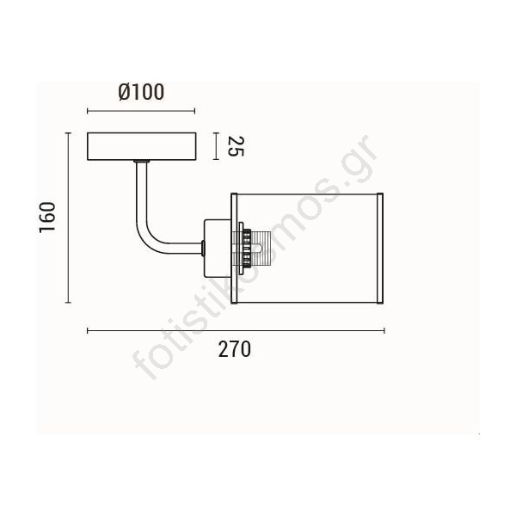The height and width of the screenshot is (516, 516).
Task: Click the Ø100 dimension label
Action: point(141,92)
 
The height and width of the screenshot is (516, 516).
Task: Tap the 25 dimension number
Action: point(236,146)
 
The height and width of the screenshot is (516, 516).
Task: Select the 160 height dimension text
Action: point(47,218)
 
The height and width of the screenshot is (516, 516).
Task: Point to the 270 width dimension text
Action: point(234,349)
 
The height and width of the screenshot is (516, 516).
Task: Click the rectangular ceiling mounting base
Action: point(142,146)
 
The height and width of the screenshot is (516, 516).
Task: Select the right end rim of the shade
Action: point(380,249)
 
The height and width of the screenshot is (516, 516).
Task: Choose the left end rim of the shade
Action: point(234,249)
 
